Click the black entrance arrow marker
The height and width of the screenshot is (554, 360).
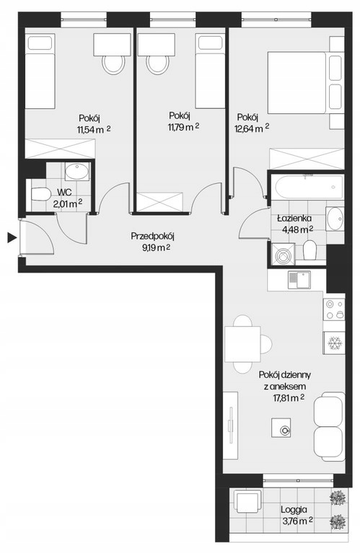coord(12,238)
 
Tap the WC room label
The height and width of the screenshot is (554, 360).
coord(65,193)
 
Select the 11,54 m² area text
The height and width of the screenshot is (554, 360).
coord(94,130)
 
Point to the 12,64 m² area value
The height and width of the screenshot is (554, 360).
coord(252,128)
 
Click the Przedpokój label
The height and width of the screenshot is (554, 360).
coord(153,236)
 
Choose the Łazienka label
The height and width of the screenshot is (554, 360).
coord(294,219)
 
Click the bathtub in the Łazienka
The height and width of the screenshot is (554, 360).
coord(306,188)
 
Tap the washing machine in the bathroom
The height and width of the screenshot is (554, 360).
coord(282,253)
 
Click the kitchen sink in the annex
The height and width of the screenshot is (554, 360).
coord(299,280)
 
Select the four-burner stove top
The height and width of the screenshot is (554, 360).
coord(334,309)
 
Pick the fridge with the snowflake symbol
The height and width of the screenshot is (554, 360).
coord(334,343)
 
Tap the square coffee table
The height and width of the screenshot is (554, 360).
coord(281,428)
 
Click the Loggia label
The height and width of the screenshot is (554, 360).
coord(294,510)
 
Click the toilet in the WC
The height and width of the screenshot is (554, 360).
coord(41,194)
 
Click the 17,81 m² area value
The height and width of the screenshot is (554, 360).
coord(289,398)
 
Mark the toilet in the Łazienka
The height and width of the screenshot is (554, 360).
coord(309,250)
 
